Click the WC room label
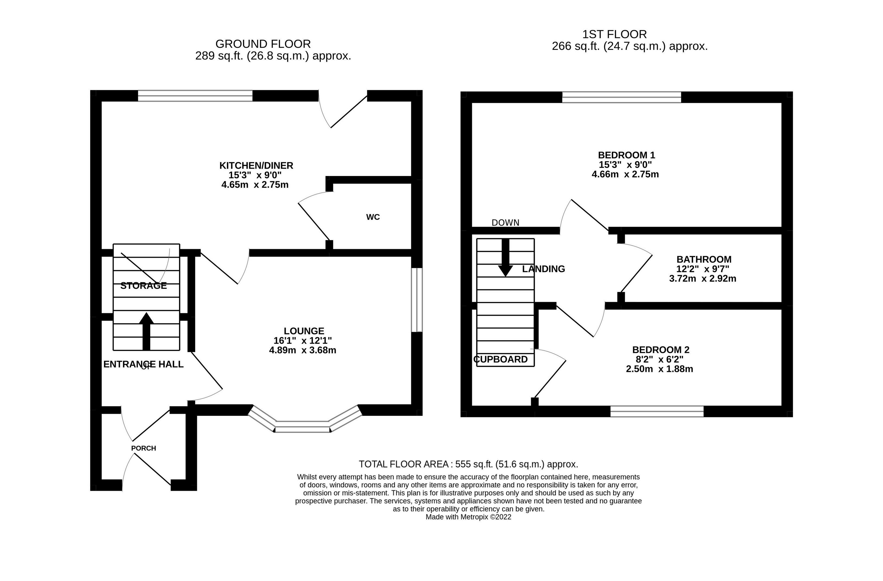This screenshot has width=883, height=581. (x=373, y=217)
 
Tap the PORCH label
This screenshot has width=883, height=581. (x=143, y=448)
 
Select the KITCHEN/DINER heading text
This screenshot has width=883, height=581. (x=256, y=165)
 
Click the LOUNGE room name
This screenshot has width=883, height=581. (x=304, y=331)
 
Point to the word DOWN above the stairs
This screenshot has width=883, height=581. (x=505, y=223)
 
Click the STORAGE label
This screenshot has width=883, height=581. (x=143, y=286)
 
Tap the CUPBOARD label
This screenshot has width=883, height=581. (x=501, y=359)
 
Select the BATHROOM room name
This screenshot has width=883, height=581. (x=704, y=259)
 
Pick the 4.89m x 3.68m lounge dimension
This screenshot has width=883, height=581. (x=303, y=350)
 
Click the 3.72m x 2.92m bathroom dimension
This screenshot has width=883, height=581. (x=703, y=279)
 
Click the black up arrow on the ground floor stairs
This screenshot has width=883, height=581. (x=146, y=331)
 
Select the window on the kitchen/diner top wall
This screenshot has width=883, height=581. (x=195, y=96)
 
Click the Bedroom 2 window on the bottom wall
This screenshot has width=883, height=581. (x=657, y=411)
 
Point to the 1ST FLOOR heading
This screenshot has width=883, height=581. (x=615, y=34)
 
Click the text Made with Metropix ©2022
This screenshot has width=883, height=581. (x=468, y=517)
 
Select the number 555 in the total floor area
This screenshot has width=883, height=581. (x=463, y=464)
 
